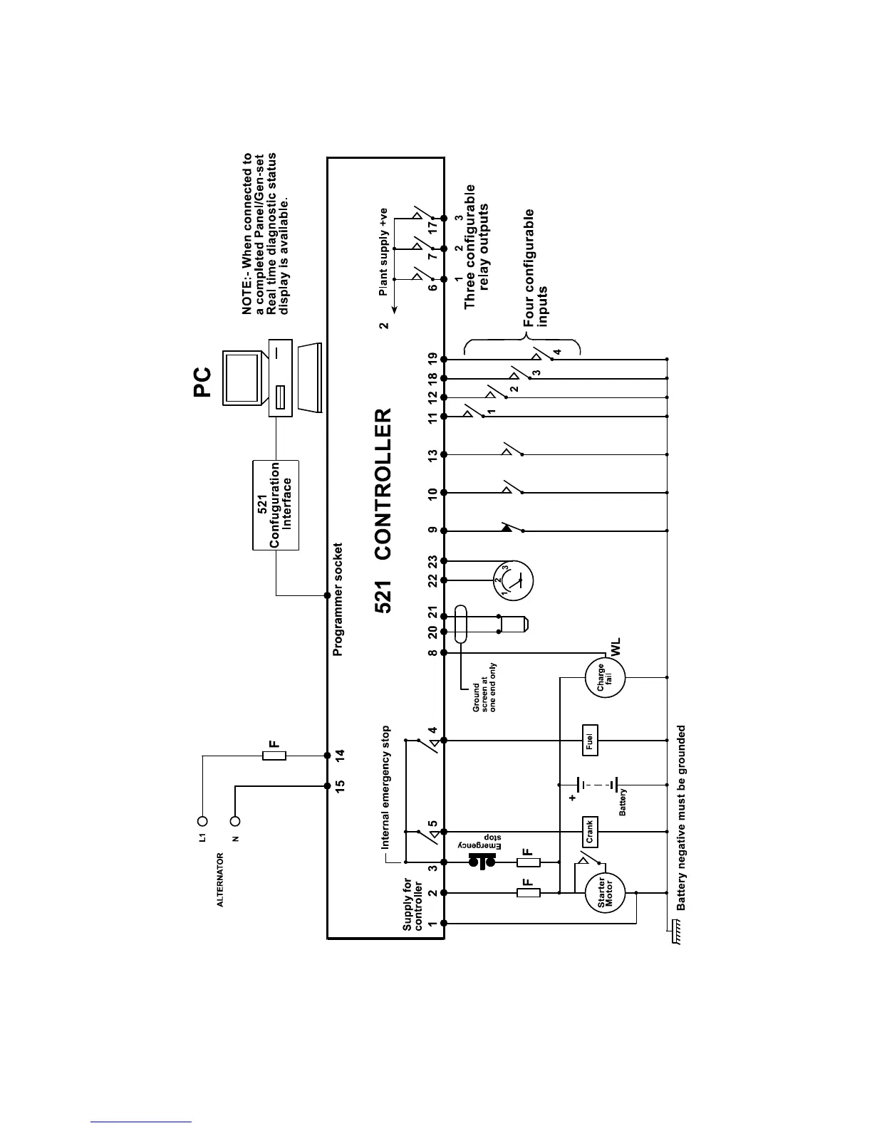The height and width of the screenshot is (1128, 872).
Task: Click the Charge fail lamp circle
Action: click(604, 678)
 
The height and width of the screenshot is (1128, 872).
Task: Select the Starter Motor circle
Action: click(605, 893)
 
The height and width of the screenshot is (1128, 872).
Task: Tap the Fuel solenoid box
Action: click(590, 741)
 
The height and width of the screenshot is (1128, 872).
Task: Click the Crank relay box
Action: click(589, 831)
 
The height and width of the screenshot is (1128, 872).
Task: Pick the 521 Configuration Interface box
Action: click(276, 505)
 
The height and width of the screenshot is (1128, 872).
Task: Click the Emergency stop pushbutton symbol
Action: click(482, 862)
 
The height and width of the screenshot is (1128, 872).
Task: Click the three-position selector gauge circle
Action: click(514, 581)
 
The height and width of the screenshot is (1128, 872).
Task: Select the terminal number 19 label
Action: click(432, 359)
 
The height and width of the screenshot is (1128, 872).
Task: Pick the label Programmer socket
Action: click(338, 600)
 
